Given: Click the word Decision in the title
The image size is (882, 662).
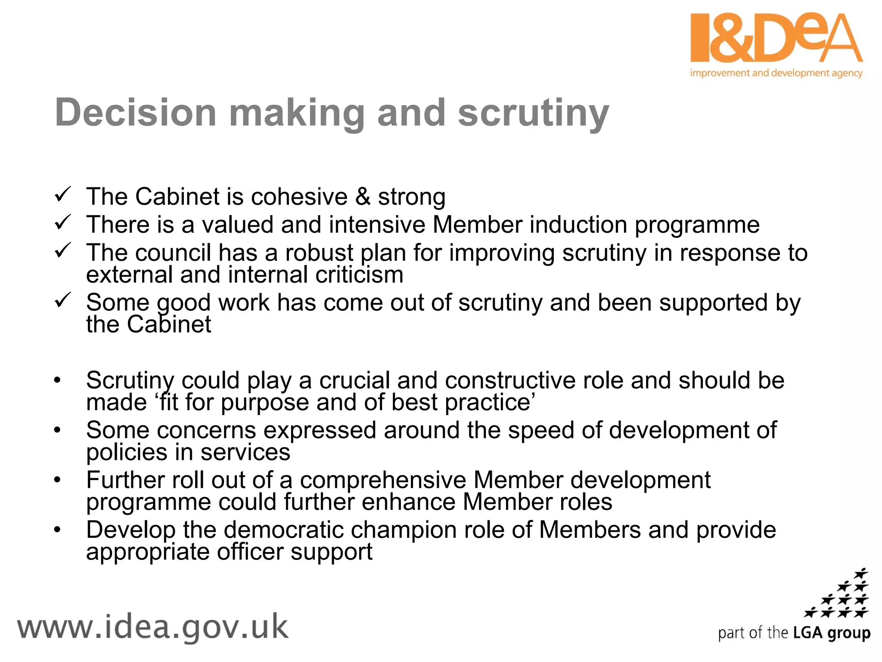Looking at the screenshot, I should (135, 113).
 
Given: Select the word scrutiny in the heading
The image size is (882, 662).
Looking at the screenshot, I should (533, 113).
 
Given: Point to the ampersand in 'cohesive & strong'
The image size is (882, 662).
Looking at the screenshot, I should (363, 197).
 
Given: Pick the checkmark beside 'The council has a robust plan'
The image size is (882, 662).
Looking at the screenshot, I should (63, 250).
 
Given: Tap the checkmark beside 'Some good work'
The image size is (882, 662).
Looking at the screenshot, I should (63, 300).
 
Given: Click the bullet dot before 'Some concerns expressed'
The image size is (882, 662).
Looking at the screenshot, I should (57, 431).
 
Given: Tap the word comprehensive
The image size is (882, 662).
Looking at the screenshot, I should (383, 480).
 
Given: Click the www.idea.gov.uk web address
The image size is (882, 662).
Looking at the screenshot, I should (152, 628).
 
